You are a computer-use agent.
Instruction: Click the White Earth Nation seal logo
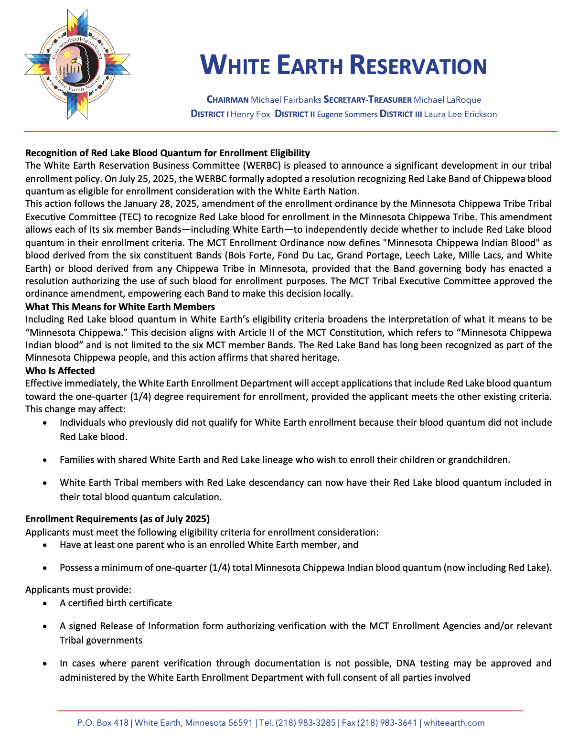click(x=77, y=64)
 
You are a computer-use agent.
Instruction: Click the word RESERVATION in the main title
click(x=418, y=65)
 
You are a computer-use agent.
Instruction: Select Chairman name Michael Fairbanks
click(x=286, y=100)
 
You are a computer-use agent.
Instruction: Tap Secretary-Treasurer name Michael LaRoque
click(x=447, y=100)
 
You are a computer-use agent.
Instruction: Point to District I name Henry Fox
click(x=250, y=114)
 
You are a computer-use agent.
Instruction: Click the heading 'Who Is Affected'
click(x=60, y=371)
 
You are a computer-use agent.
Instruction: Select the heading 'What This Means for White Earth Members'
click(x=120, y=307)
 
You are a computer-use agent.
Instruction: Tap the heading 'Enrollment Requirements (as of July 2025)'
click(x=118, y=519)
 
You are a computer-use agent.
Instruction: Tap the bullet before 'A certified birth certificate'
click(x=45, y=603)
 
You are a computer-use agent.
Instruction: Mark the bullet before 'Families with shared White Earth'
click(x=45, y=460)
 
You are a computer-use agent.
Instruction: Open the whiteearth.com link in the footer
click(x=454, y=723)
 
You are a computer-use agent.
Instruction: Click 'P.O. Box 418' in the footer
click(x=103, y=723)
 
